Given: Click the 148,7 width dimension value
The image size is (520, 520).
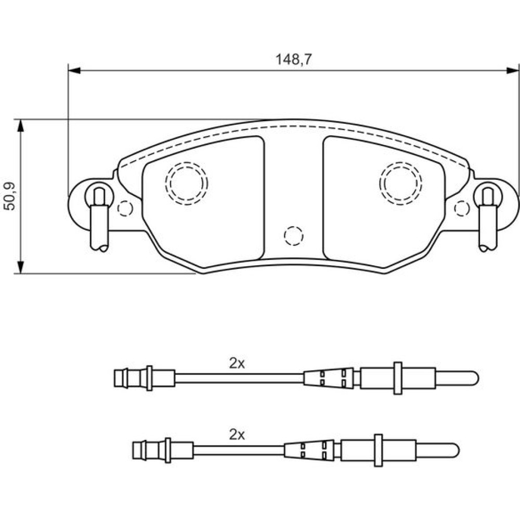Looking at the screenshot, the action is (294, 60).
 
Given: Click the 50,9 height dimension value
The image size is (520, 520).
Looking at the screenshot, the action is (9, 196).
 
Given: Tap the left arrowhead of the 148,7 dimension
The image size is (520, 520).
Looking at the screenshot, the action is (74, 70).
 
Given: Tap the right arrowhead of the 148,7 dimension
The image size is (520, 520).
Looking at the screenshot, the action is (513, 70).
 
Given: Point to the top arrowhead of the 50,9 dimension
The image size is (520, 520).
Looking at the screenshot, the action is (21, 125).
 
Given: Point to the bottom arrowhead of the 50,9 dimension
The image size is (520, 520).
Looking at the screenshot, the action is (21, 267).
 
